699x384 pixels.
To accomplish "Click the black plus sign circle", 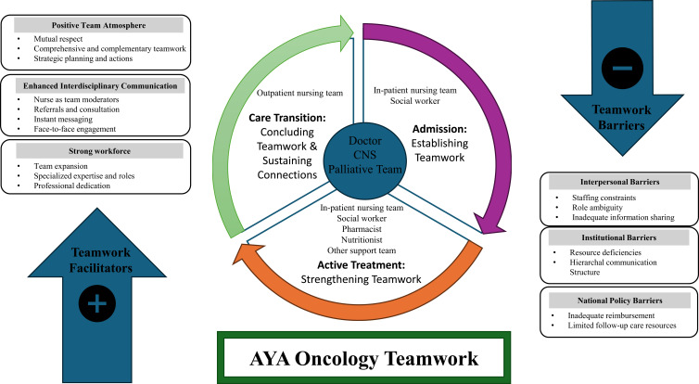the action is tap(97, 303).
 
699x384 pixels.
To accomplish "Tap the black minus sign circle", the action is tap(622, 69).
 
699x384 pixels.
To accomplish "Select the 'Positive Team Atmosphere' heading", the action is tap(98, 25).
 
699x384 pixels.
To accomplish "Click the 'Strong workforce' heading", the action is tap(99, 151).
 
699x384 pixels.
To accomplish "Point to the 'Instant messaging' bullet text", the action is tap(63, 119).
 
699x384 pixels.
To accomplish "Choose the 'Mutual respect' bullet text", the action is tap(58, 39).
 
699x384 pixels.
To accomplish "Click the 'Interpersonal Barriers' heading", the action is tap(619, 182).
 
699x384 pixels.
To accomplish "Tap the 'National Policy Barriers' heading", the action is tap(619, 301).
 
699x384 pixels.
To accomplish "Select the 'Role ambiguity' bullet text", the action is tap(597, 208).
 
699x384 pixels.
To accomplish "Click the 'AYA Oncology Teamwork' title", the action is tap(363, 359).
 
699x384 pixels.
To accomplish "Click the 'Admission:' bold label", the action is tap(439, 129).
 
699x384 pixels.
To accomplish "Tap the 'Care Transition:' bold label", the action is tap(287, 118).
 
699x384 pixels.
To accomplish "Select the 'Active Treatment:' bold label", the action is tap(362, 265).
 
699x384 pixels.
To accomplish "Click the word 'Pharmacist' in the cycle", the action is tap(362, 229).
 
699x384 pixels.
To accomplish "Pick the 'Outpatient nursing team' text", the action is tap(299, 93).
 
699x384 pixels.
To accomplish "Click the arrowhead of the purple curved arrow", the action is tap(489, 223).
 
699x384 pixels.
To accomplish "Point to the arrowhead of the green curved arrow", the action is tap(346, 31).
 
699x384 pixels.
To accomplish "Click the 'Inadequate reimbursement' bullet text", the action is tap(611, 315).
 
